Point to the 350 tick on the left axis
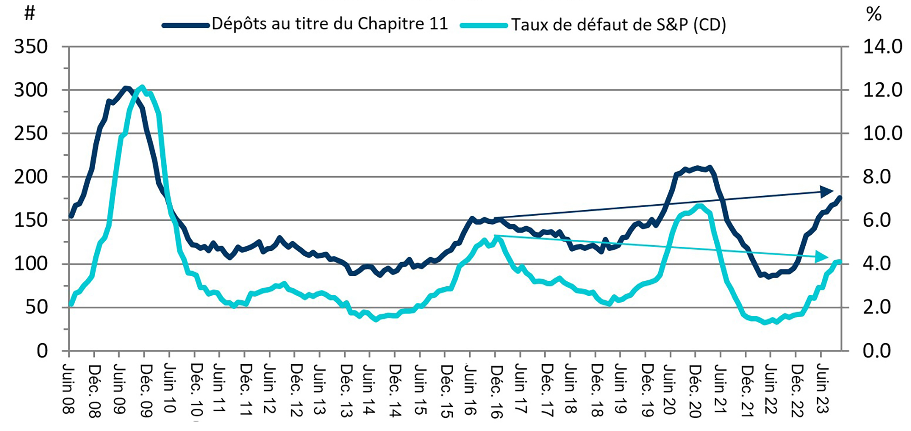pyautogui.click(x=31, y=47)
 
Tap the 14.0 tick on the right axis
pyautogui.click(x=882, y=47)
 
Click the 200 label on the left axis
pyautogui.click(x=31, y=177)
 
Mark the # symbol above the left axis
pyautogui.click(x=30, y=13)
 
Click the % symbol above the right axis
pyautogui.click(x=874, y=15)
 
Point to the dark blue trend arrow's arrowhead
pyautogui.click(x=827, y=192)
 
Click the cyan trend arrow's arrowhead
pyautogui.click(x=823, y=257)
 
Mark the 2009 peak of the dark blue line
pyautogui.click(x=126, y=88)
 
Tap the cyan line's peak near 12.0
pyautogui.click(x=143, y=87)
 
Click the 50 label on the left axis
pyautogui.click(x=36, y=308)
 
